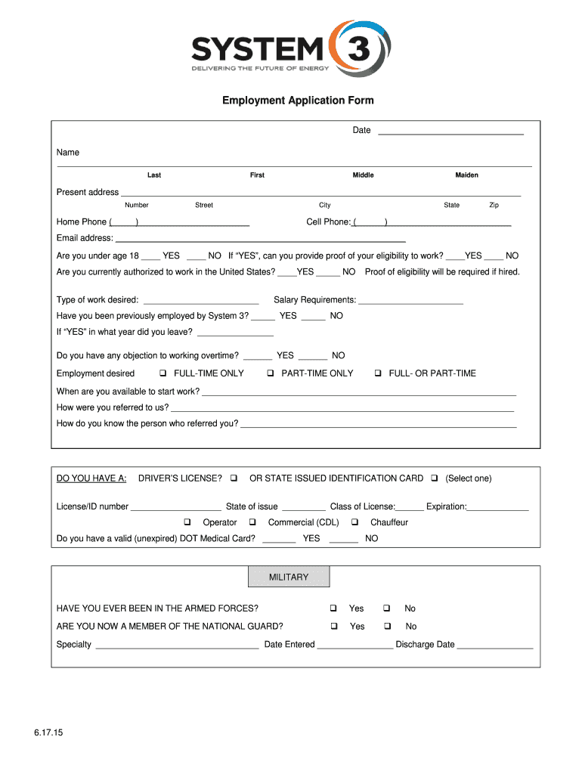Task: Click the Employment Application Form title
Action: tap(297, 101)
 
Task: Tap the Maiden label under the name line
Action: tap(466, 175)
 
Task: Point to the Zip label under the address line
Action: tap(494, 206)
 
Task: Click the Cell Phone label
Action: tap(328, 222)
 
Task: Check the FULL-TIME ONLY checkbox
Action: tap(163, 373)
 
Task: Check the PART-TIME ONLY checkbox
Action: tap(271, 373)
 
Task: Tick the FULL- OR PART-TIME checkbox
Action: tap(378, 373)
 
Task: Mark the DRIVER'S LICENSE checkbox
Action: tap(234, 478)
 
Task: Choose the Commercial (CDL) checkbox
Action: tap(252, 522)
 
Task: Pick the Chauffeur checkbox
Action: tap(354, 522)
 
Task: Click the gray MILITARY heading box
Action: tap(289, 577)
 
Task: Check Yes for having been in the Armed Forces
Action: tap(333, 608)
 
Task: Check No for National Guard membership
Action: tap(386, 627)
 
